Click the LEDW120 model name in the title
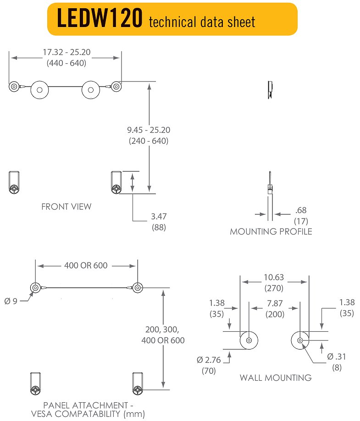pyautogui.click(x=99, y=19)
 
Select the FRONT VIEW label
pyautogui.click(x=66, y=207)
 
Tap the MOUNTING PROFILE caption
pyautogui.click(x=271, y=232)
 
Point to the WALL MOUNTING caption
pyautogui.click(x=275, y=378)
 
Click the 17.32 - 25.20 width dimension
pyautogui.click(x=66, y=57)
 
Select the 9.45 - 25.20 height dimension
pyautogui.click(x=148, y=136)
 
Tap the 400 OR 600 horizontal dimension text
pyautogui.click(x=86, y=265)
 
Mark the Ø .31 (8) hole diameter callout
pyautogui.click(x=337, y=361)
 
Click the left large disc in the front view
pyautogui.click(x=39, y=89)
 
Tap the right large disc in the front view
pyautogui.click(x=90, y=89)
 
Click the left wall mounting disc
pyautogui.click(x=249, y=340)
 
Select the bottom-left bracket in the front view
pyautogui.click(x=14, y=182)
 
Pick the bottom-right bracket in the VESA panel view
pyautogui.click(x=138, y=384)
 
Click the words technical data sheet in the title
pyautogui.click(x=202, y=21)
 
